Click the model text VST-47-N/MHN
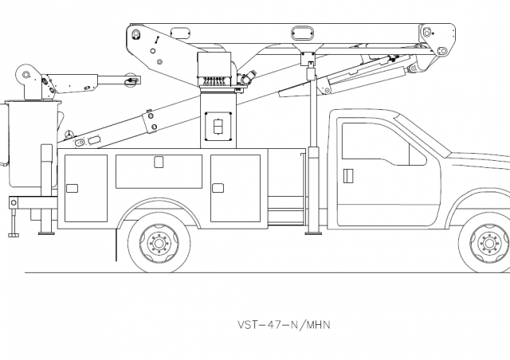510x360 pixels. pos(284,325)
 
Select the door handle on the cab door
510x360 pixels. pos(347,174)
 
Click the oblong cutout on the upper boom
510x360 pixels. pos(304,33)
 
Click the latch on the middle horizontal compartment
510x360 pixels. pos(159,162)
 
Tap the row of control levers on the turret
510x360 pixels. pos(213,80)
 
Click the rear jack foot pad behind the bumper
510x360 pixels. pos(13,234)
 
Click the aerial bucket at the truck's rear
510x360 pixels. pos(30,143)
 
